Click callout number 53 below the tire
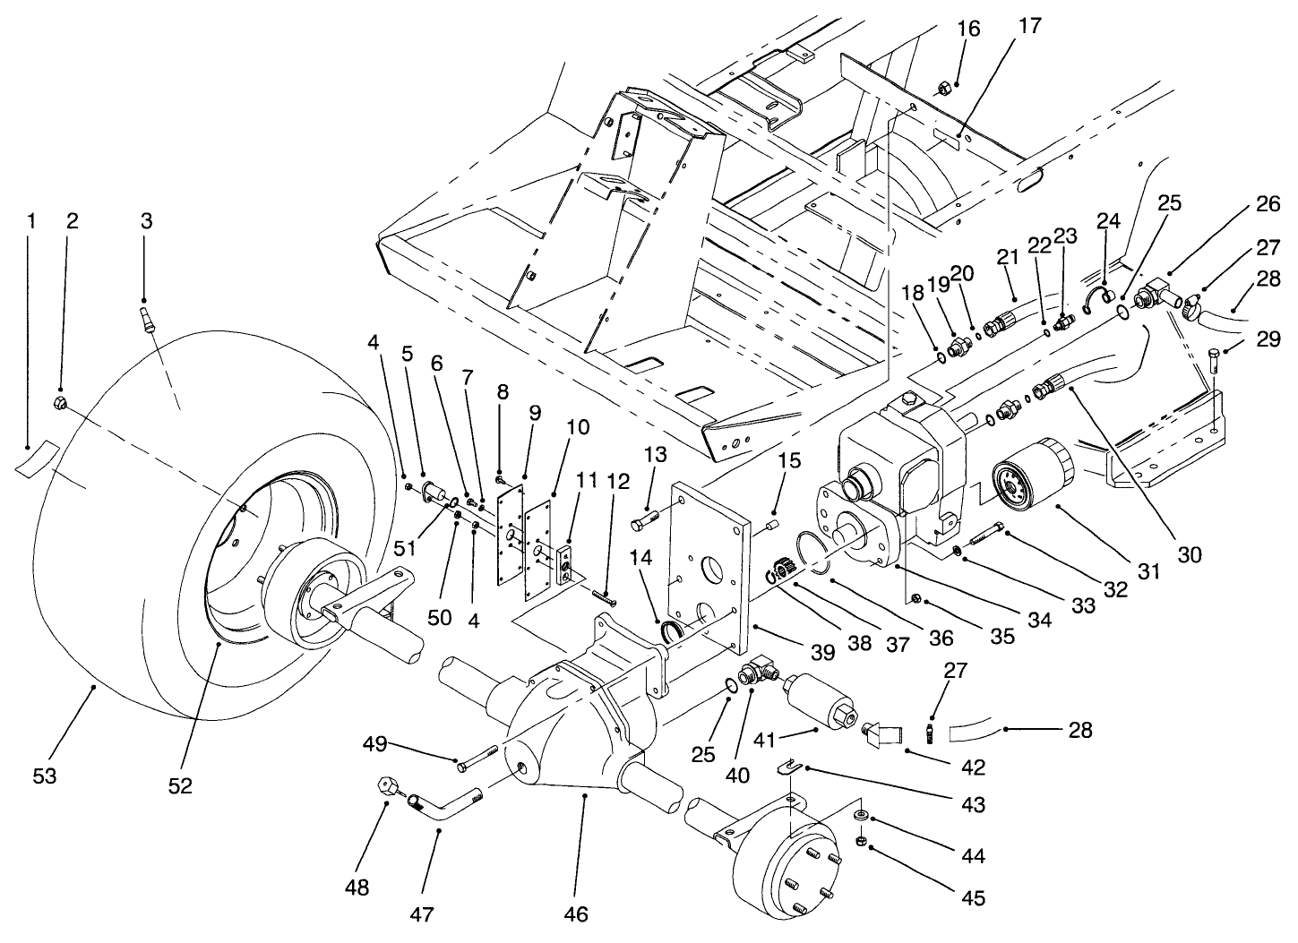[44, 776]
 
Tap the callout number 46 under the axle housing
[577, 913]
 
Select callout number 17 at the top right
[1030, 26]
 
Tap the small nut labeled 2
[62, 402]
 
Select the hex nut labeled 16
[943, 88]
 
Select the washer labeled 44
[861, 816]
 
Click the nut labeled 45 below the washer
[861, 842]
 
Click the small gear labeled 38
[781, 570]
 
